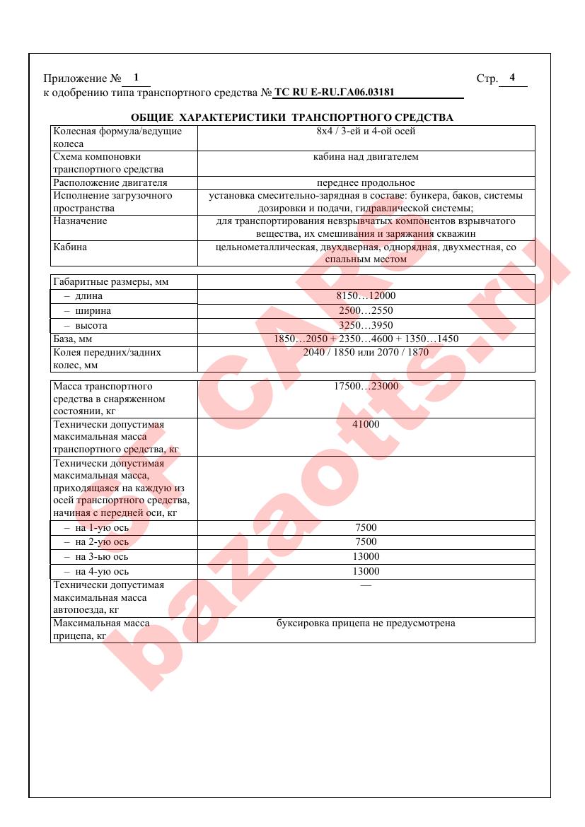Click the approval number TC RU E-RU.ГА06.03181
(x=334, y=93)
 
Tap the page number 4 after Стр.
(x=512, y=78)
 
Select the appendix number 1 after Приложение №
(x=136, y=78)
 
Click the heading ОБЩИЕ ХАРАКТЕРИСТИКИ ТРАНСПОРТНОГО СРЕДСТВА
(x=292, y=117)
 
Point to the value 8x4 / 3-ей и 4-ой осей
(x=366, y=131)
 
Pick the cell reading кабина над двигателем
(x=366, y=157)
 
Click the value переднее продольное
(x=366, y=183)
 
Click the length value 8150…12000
(x=366, y=296)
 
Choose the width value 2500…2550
(x=366, y=311)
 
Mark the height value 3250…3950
(x=366, y=325)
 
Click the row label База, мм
(x=74, y=339)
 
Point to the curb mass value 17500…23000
(x=366, y=387)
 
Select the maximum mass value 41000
(x=366, y=425)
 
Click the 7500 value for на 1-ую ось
(x=366, y=527)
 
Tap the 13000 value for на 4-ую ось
(x=366, y=572)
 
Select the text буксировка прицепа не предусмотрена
(x=366, y=623)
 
